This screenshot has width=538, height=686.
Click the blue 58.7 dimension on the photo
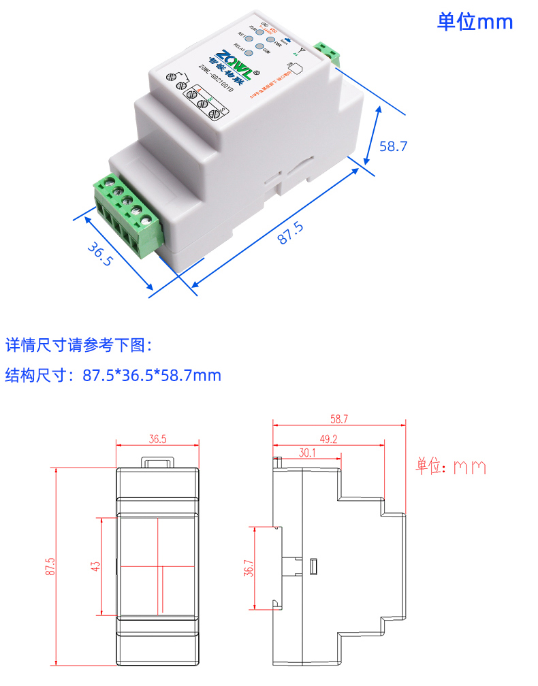[393, 146]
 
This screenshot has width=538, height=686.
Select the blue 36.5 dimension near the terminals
[99, 253]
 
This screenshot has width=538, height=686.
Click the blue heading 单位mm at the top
[475, 22]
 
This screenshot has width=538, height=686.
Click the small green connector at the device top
[329, 53]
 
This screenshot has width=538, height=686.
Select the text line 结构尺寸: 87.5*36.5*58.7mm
[113, 375]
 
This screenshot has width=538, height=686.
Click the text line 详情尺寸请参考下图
[79, 345]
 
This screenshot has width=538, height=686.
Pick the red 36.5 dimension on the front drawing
[157, 440]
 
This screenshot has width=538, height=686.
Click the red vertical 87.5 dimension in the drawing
[50, 568]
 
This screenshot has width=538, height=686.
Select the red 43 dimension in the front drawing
[95, 566]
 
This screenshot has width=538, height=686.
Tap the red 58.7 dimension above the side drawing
[339, 419]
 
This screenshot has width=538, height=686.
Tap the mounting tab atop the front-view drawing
[158, 462]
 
